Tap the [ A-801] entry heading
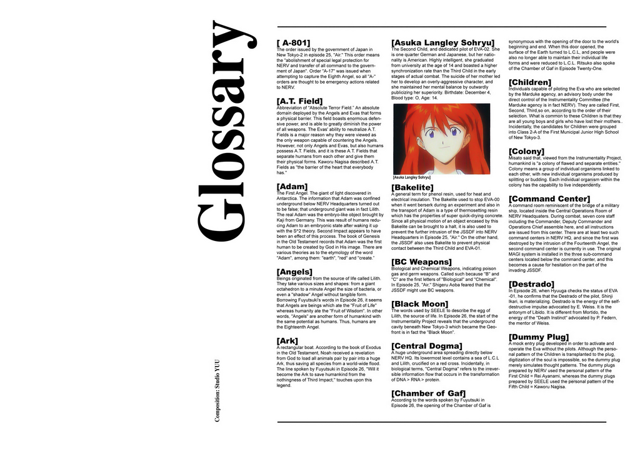(293, 43)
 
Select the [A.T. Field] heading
(299, 101)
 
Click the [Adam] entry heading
(292, 187)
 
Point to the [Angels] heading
(294, 272)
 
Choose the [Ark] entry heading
(288, 341)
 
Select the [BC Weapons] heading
(421, 262)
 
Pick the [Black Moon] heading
(419, 304)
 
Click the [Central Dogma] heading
(426, 346)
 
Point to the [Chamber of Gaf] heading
(428, 393)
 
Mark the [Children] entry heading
(530, 82)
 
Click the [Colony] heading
(526, 151)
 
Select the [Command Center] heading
(549, 199)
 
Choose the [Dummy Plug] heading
(538, 338)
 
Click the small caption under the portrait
(412, 177)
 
